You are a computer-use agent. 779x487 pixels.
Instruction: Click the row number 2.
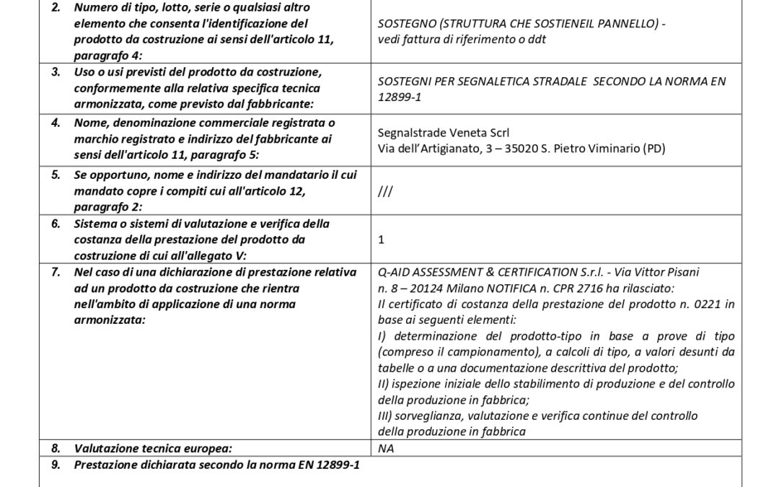(x=56, y=7)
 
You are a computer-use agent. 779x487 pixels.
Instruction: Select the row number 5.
(x=56, y=175)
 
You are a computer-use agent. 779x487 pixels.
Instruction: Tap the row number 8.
(x=56, y=448)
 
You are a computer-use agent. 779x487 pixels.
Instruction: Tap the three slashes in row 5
(x=384, y=191)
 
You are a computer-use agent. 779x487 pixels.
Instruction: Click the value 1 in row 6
(x=382, y=240)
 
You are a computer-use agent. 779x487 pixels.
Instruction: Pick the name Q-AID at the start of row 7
(x=394, y=272)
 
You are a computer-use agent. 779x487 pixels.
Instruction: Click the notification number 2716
(x=581, y=288)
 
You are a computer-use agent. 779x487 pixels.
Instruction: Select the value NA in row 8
(x=386, y=448)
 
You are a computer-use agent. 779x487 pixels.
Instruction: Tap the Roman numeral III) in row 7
(x=386, y=416)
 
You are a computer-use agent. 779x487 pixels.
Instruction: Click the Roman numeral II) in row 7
(x=384, y=384)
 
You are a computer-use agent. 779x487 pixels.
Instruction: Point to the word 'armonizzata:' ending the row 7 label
(x=110, y=320)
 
